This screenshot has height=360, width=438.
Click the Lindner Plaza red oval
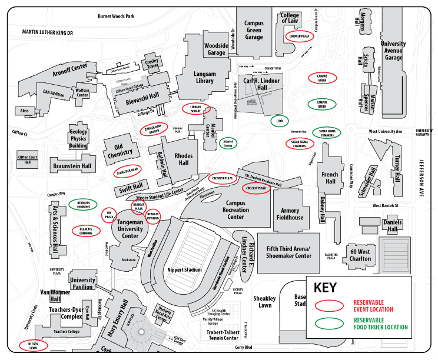tap(301, 36)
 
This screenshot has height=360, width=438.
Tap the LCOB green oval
tap(280, 121)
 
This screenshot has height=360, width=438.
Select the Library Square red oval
tap(195, 109)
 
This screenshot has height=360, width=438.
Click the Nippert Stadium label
tap(185, 269)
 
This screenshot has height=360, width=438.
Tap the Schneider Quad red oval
tap(127, 171)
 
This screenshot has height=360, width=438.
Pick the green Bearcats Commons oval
tap(83, 205)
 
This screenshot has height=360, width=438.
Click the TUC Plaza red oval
tap(109, 215)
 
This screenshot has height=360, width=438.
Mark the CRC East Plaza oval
tap(257, 188)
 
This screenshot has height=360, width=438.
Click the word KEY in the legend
tap(326, 288)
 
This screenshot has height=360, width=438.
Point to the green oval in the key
tap(329, 323)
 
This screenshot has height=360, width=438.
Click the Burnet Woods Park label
tap(116, 16)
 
